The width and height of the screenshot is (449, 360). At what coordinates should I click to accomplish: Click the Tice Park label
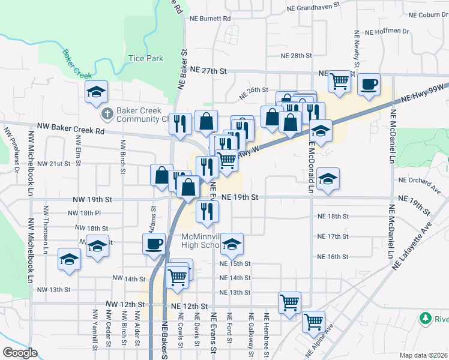pyautogui.click(x=146, y=59)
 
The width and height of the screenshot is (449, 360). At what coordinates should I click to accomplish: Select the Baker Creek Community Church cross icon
pyautogui.click(x=106, y=113)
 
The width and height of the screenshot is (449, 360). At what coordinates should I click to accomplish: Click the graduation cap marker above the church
pyautogui.click(x=95, y=92)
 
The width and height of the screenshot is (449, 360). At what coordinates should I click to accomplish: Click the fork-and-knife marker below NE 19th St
pyautogui.click(x=207, y=211)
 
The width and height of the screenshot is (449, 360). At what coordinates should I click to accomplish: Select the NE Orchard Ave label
pyautogui.click(x=420, y=180)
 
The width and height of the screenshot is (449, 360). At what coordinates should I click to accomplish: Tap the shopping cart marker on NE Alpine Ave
pyautogui.click(x=313, y=322)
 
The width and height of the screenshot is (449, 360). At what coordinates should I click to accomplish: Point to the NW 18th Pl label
pyautogui.click(x=85, y=213)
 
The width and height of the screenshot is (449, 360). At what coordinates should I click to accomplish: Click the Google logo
pyautogui.click(x=20, y=353)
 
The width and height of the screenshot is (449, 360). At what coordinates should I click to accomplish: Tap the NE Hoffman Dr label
pyautogui.click(x=387, y=31)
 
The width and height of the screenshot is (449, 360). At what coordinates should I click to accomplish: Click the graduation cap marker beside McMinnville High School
pyautogui.click(x=231, y=244)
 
